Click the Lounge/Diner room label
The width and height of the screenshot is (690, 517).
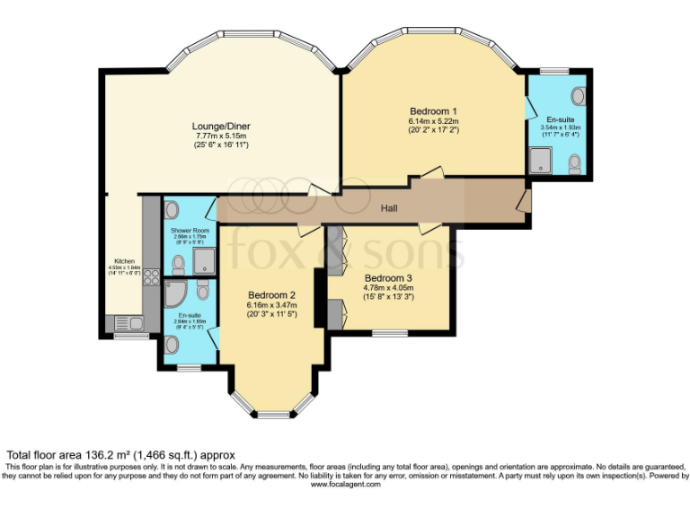click(x=220, y=126)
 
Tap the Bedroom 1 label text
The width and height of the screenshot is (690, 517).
click(x=434, y=110)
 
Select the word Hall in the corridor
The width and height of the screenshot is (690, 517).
click(x=389, y=209)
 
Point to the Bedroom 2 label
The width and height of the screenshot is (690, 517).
click(x=272, y=295)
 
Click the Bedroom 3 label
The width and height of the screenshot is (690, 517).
click(x=388, y=278)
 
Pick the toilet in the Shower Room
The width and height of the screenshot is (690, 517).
click(x=178, y=264)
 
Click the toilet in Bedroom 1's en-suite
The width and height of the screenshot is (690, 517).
click(x=575, y=162)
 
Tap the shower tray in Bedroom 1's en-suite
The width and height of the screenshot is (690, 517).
click(x=542, y=161)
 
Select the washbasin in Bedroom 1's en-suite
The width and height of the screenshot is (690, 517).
click(x=579, y=95)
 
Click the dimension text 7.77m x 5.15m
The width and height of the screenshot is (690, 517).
click(x=220, y=136)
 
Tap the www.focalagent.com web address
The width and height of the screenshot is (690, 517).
click(x=346, y=484)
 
